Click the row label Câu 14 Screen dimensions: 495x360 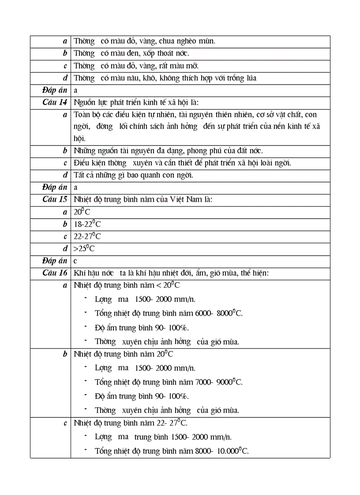coord(55,102)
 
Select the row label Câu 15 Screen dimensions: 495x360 coord(55,199)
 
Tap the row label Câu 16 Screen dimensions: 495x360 coord(55,273)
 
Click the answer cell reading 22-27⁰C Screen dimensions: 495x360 coord(87,236)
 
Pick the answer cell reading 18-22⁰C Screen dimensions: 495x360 coord(87,224)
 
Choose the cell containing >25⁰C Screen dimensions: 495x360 coord(85,249)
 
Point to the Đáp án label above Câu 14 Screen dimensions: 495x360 coord(54,90)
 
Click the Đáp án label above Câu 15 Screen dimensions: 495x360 coord(54,187)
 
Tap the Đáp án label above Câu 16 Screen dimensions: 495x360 coord(54,261)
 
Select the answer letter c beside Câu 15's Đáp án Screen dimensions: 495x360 coord(75,261)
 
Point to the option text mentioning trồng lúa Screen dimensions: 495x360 coord(165,78)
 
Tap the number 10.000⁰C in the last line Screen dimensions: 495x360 coord(232,451)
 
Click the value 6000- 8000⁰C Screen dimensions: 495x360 coord(219,313)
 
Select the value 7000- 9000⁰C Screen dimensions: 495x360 coord(219,382)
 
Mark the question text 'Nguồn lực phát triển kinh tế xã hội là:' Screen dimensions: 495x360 coord(136,103)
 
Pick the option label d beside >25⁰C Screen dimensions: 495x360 coord(65,249)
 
